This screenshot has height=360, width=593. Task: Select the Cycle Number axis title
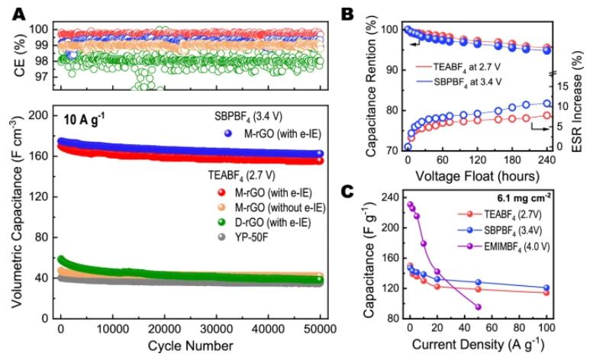[x=190, y=346]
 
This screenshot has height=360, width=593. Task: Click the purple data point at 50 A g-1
[x=478, y=307]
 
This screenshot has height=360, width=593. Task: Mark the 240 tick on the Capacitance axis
[x=395, y=196]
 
